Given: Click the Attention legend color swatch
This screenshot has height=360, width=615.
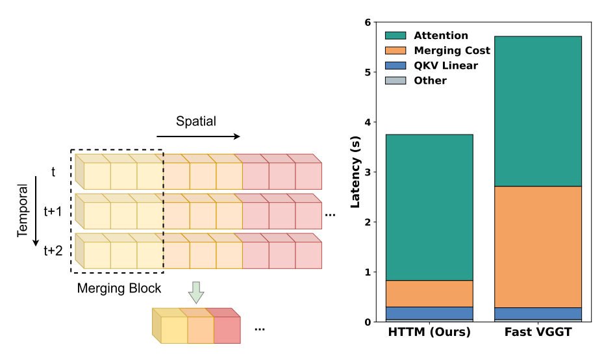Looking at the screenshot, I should (395, 36).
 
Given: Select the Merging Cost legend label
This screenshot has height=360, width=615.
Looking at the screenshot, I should (451, 51).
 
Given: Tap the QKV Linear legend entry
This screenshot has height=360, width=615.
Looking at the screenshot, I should (446, 66).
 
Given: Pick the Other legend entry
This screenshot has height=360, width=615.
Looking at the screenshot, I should (430, 81).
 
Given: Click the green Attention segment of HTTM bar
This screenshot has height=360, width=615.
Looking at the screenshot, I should (429, 207).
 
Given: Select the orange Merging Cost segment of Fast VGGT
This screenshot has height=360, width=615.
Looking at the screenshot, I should (538, 247).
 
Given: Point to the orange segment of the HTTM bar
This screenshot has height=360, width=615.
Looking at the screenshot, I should (429, 294).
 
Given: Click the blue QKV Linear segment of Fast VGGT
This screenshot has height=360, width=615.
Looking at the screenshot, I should (538, 313).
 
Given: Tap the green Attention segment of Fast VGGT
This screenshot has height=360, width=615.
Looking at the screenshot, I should (538, 111).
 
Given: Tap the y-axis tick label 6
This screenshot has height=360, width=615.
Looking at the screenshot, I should (368, 23).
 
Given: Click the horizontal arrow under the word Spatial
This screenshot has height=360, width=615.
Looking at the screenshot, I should (198, 136).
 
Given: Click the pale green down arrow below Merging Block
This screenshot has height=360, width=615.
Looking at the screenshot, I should (196, 293).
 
